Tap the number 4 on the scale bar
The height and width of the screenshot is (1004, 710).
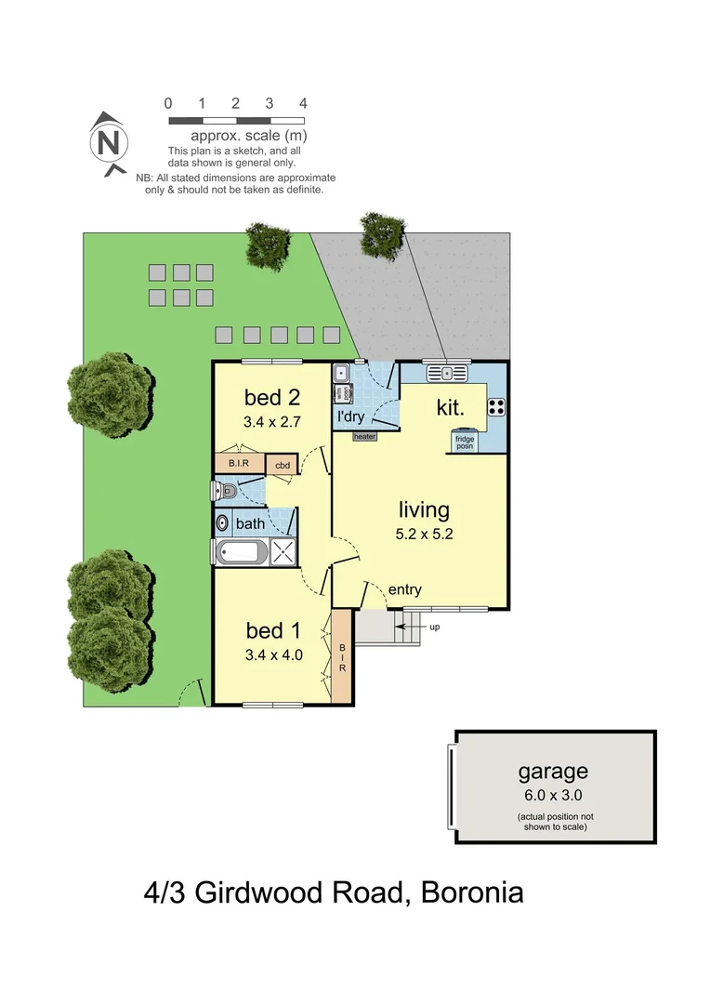click(303, 103)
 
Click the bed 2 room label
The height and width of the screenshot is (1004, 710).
click(271, 398)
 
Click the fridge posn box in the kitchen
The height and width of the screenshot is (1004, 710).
click(464, 441)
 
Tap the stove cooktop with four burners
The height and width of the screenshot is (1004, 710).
click(496, 405)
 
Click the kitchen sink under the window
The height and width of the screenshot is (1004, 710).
click(447, 374)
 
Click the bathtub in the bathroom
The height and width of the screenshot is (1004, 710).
click(241, 553)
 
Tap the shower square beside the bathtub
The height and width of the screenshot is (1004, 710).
click(284, 552)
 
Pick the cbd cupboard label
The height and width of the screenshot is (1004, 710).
click(283, 465)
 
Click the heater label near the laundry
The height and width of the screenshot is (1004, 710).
click(364, 436)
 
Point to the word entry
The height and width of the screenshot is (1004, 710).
click(404, 589)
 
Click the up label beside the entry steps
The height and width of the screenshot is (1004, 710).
click(434, 627)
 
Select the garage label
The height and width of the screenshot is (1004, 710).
click(553, 771)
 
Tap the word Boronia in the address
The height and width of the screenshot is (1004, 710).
click(472, 893)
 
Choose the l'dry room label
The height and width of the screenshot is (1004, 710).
click(350, 416)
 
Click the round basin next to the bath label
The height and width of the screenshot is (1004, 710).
click(222, 523)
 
